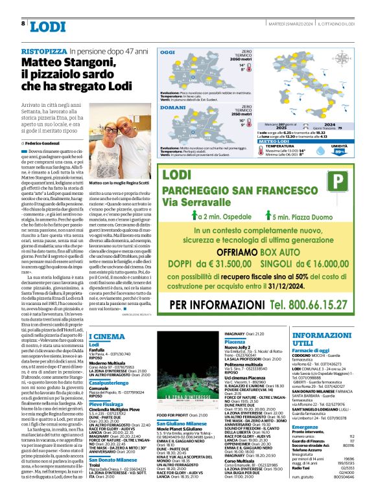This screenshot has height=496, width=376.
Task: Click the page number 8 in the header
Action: coord(23,23)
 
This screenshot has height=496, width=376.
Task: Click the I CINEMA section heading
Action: coord(107,337)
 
